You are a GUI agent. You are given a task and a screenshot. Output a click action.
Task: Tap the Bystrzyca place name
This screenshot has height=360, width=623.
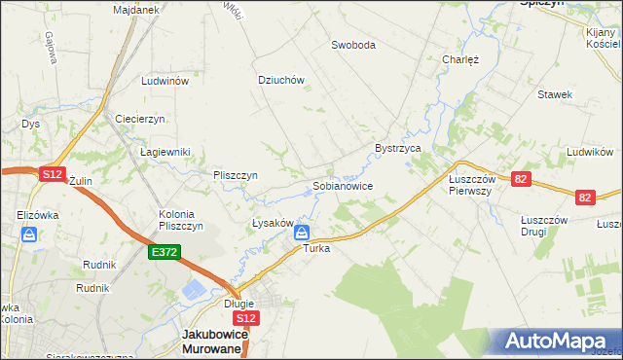click(397, 148)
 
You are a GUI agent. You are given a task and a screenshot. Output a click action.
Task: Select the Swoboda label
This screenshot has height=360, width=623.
click(352, 45)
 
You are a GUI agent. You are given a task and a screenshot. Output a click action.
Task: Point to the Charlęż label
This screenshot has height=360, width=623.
click(460, 59)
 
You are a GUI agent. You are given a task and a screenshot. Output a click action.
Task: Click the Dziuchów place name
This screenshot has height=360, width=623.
click(281, 81)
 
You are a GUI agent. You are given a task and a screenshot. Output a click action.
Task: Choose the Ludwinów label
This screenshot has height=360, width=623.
click(164, 82)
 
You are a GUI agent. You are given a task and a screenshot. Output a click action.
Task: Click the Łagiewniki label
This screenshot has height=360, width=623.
click(165, 152)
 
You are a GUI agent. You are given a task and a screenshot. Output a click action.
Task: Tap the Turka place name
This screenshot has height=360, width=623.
click(316, 249)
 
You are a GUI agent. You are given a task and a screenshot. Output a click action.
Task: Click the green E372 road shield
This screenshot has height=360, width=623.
click(163, 252)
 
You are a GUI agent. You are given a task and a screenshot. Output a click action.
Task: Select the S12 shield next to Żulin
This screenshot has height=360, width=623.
click(52, 173)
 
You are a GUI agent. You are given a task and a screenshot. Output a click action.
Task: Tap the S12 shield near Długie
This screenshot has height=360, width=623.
click(246, 318)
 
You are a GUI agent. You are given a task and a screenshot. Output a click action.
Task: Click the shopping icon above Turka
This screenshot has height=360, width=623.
click(302, 233)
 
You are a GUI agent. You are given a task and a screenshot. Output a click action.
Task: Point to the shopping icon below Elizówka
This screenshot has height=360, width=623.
click(30, 234)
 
